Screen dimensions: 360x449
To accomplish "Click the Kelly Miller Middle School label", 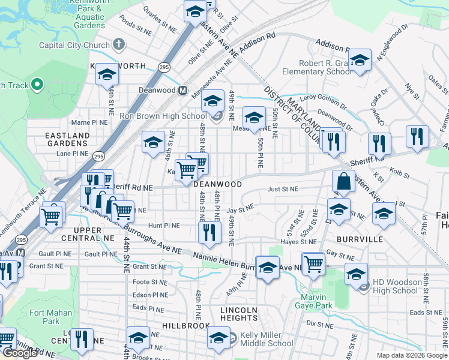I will coord(267,340).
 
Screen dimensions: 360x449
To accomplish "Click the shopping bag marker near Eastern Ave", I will coord(343,181).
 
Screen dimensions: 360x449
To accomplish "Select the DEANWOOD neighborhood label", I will coord(217,184).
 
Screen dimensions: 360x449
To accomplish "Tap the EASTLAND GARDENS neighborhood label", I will coord(67,140).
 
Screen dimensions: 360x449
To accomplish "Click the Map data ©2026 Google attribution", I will coord(412,355).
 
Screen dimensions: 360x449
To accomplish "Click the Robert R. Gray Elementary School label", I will coord(326,67).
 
